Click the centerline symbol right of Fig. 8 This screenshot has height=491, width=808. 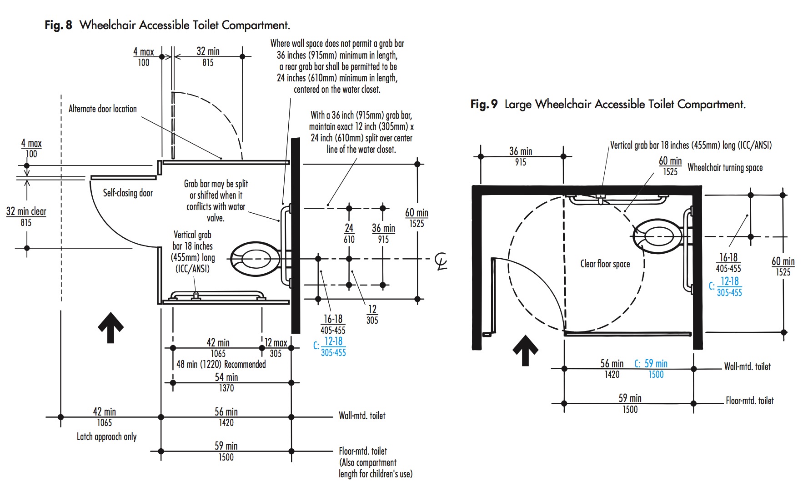click(441, 261)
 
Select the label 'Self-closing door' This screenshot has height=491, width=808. click(128, 193)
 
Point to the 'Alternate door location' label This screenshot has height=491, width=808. click(102, 109)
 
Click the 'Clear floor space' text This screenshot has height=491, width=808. click(605, 264)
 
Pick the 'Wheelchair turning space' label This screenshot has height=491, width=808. click(725, 167)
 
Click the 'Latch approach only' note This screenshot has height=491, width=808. click(106, 436)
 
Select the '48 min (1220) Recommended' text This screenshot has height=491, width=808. click(221, 364)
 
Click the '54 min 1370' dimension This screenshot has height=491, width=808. click(226, 382)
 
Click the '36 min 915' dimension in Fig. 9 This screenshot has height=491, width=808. click(521, 156)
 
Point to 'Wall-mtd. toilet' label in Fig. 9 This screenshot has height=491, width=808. click(747, 366)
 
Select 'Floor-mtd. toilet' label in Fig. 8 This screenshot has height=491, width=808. click(362, 451)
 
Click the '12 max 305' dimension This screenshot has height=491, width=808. click(276, 348)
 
